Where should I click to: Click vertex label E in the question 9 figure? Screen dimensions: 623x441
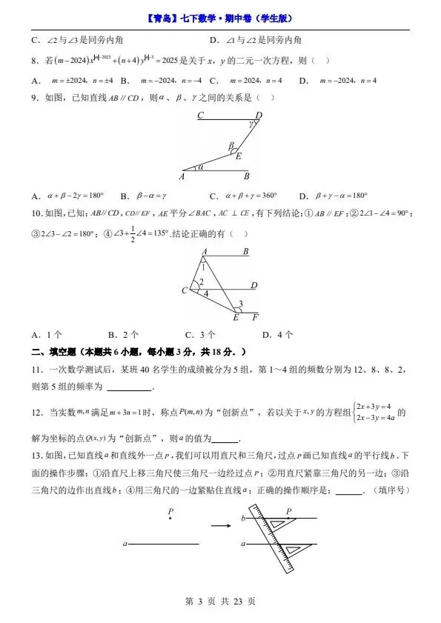click(238, 156)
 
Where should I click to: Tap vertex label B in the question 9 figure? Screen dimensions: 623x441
click(247, 176)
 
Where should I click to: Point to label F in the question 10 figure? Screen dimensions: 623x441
click(255, 318)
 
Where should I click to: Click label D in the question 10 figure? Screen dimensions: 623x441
click(253, 285)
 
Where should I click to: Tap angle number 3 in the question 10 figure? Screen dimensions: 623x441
click(239, 304)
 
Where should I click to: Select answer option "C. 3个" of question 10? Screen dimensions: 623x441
click(200, 334)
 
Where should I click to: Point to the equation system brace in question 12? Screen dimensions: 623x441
click(353, 412)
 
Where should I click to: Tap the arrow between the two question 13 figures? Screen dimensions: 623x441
click(219, 526)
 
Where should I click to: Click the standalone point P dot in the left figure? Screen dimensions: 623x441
click(170, 519)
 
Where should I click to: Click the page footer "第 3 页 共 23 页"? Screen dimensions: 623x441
click(219, 602)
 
